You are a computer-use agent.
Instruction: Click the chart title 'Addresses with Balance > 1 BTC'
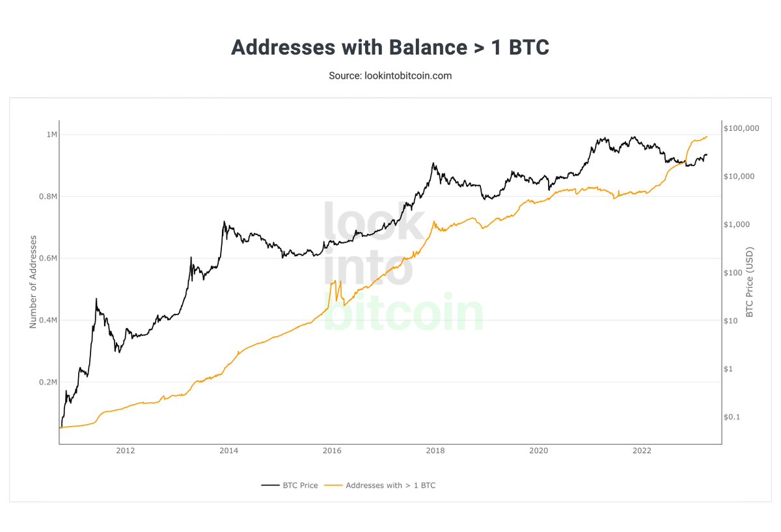(x=390, y=48)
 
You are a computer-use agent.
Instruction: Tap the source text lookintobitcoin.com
(x=390, y=76)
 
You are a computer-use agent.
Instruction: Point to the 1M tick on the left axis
(x=51, y=135)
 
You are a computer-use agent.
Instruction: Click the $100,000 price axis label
(x=741, y=128)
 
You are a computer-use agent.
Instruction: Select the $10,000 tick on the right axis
(x=739, y=176)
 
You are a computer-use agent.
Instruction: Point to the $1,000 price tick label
(x=737, y=225)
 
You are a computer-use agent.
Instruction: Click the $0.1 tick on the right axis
(x=732, y=417)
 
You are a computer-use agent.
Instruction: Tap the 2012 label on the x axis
(x=125, y=451)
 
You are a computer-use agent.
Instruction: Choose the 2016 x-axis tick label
(x=332, y=451)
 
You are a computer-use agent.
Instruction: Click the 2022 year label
(x=642, y=451)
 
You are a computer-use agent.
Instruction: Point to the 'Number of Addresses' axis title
(x=33, y=281)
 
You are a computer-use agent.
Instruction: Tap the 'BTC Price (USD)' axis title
(x=749, y=281)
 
